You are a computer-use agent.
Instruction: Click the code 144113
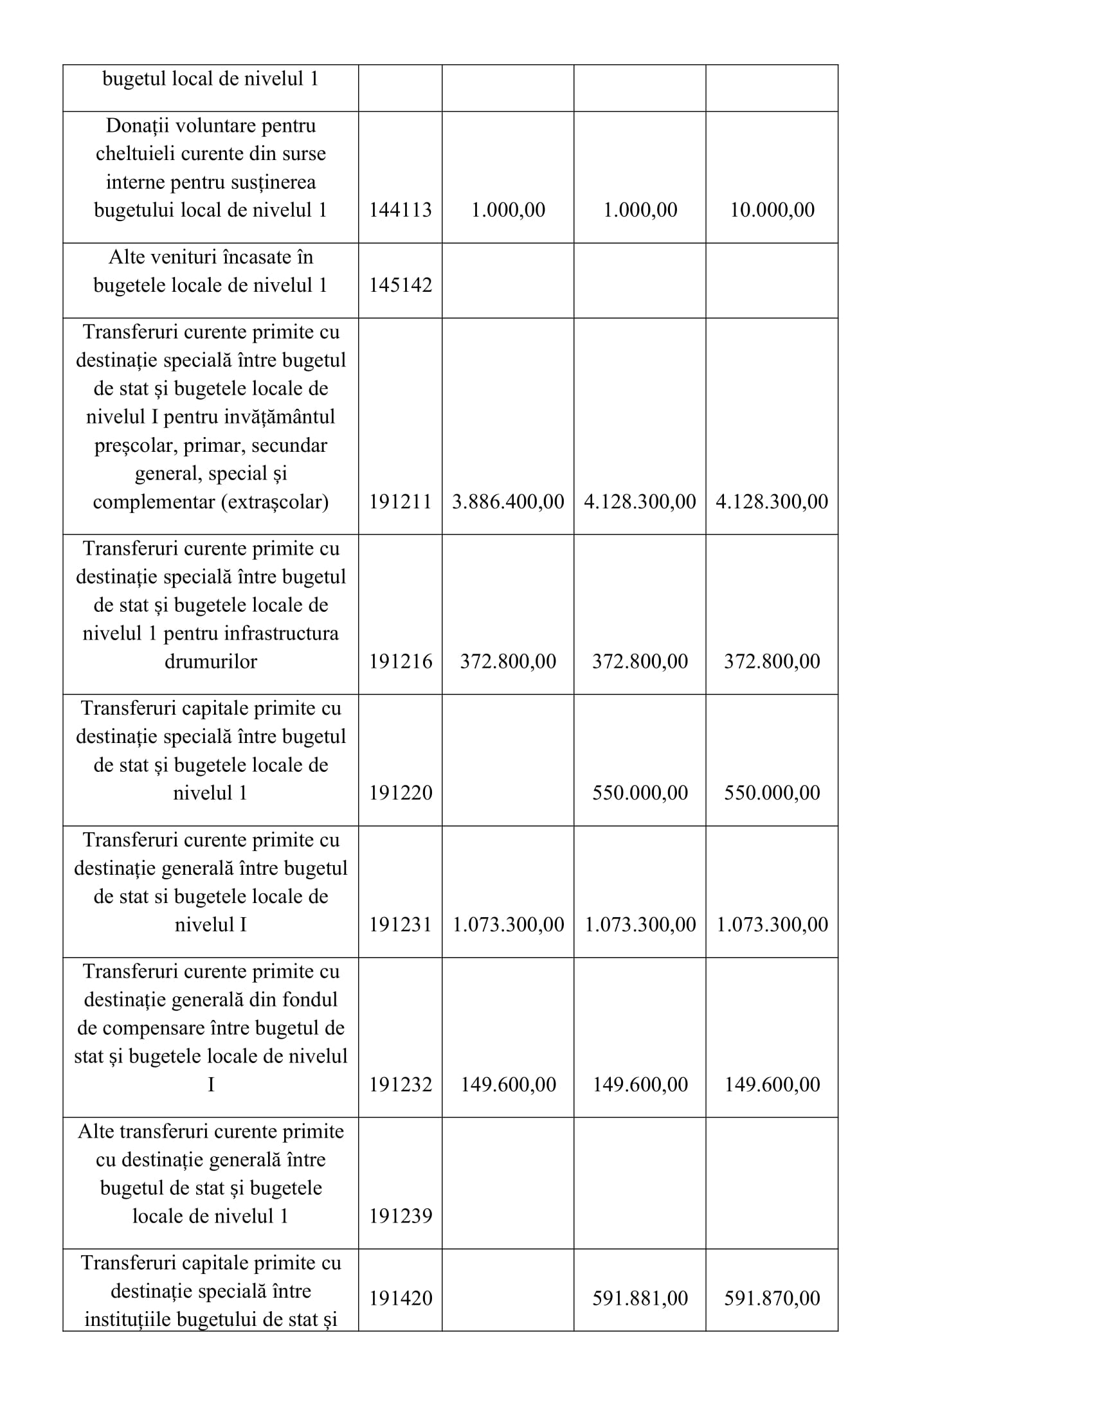tap(400, 210)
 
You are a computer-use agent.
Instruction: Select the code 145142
tap(400, 285)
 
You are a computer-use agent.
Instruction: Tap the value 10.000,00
tap(772, 210)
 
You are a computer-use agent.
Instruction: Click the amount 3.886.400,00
tap(508, 501)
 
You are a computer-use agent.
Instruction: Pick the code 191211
tap(400, 501)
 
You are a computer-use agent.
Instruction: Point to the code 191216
tap(400, 661)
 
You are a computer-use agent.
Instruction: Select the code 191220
tap(400, 792)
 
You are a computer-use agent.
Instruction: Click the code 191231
tap(400, 924)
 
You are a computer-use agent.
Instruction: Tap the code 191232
tap(400, 1084)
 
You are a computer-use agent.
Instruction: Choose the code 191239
tap(400, 1215)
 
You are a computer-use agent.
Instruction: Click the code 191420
tap(400, 1298)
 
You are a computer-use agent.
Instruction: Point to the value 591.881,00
tap(640, 1298)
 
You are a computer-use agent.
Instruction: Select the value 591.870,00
tap(772, 1298)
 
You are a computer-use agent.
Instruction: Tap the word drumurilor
tap(210, 661)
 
